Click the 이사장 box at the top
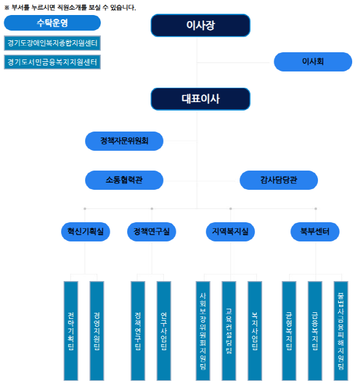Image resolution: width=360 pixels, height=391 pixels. (x=200, y=25)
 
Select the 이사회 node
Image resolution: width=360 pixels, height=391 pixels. (x=313, y=62)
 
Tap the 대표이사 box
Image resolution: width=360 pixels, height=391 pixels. (x=200, y=99)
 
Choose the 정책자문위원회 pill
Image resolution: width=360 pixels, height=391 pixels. (x=124, y=141)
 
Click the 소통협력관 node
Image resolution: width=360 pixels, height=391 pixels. (x=124, y=180)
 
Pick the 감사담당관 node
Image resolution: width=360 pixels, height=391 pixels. (x=278, y=180)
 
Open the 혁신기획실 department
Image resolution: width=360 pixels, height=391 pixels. (x=86, y=231)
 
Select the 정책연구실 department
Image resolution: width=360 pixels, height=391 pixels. (x=152, y=231)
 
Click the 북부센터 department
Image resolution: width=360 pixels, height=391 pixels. (x=315, y=231)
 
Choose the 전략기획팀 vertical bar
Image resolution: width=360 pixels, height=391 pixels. (x=71, y=330)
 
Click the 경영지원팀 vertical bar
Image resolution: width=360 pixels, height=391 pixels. (x=97, y=330)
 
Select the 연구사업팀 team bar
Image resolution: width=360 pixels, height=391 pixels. (x=164, y=330)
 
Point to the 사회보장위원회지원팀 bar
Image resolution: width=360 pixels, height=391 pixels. (x=203, y=330)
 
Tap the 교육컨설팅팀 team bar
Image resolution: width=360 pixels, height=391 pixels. (x=229, y=330)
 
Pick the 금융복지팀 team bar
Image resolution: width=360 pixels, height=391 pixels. (x=315, y=330)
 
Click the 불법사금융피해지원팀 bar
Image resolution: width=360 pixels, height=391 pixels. (x=341, y=330)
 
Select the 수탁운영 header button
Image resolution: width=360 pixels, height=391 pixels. (x=52, y=23)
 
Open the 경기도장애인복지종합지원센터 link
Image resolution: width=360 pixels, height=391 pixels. (x=52, y=43)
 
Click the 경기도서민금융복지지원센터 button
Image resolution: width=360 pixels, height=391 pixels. (x=52, y=62)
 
